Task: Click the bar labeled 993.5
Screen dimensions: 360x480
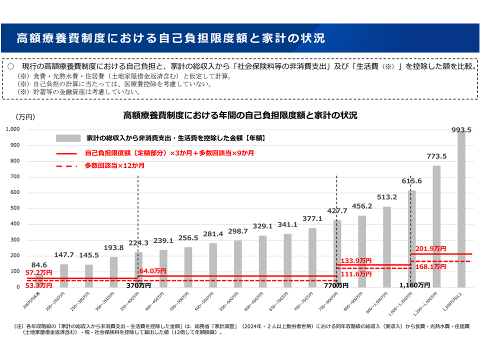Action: [461, 210]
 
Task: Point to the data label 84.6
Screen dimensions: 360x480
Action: [39, 265]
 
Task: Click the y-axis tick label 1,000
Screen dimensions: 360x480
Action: [12, 129]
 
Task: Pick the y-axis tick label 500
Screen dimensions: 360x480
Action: [14, 208]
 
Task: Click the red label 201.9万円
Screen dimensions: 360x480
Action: [430, 248]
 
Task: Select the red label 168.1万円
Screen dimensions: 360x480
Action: [430, 267]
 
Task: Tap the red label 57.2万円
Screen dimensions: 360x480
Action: [39, 272]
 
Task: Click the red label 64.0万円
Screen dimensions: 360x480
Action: [153, 271]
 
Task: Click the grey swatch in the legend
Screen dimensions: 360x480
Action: [68, 138]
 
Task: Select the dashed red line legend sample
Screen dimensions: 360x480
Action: [68, 165]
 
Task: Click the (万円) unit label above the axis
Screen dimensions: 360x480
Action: [25, 117]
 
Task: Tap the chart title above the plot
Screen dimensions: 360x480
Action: [240, 115]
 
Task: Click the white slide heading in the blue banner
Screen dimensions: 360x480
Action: [170, 38]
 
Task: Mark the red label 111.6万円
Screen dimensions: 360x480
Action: [355, 274]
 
